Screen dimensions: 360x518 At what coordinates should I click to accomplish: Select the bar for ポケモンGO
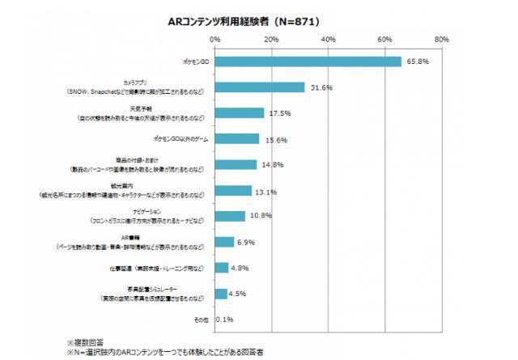click(308, 61)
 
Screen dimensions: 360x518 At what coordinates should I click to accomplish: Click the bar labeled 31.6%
click(260, 87)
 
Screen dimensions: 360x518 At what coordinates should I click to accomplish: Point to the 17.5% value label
click(279, 113)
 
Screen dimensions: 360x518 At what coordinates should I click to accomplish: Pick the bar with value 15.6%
click(237, 139)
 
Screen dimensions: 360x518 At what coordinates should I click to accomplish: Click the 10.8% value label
click(260, 216)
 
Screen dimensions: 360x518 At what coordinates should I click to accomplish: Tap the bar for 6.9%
click(224, 242)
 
